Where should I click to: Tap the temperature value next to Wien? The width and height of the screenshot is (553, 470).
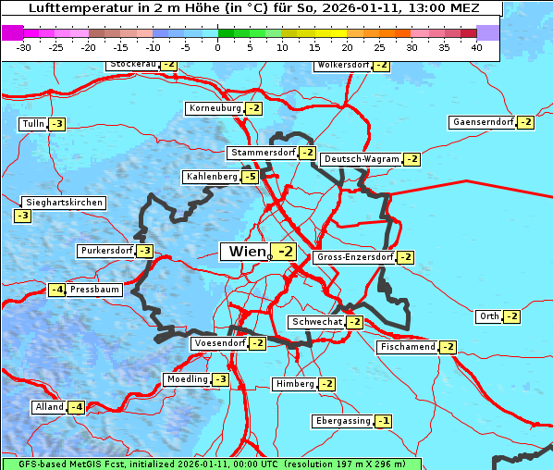tap(286, 252)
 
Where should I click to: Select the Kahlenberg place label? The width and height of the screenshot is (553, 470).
tap(212, 177)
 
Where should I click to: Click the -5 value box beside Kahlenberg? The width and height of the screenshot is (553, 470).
tap(250, 177)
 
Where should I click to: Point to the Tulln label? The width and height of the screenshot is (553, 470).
tap(32, 124)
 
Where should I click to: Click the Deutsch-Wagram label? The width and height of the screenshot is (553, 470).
tap(363, 159)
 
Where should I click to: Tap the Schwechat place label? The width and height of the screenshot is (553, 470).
tap(316, 322)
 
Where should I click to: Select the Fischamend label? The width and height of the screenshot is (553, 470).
tap(407, 347)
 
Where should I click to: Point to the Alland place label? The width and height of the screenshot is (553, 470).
tap(49, 407)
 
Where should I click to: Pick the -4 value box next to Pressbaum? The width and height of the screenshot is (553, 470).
tap(57, 290)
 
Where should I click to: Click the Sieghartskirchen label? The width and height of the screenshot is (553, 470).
tap(64, 203)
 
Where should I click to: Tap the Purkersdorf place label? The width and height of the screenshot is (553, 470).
tap(106, 251)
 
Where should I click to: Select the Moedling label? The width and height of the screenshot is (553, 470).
tap(187, 379)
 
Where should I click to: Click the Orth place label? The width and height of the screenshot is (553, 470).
tap(488, 316)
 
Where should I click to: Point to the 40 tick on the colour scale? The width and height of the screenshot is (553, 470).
tap(476, 46)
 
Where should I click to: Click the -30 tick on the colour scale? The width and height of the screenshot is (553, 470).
tap(24, 46)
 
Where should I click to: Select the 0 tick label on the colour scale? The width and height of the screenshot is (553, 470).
tap(218, 46)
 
